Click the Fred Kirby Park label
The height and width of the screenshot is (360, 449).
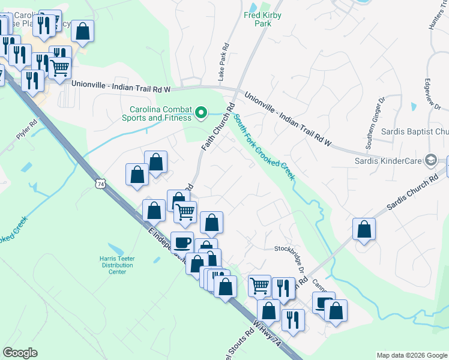263,19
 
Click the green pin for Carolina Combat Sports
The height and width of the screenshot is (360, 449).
202,112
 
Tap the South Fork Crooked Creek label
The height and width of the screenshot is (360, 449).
264,147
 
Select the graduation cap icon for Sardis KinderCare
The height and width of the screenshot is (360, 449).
430,160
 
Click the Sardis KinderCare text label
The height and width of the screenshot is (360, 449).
388,160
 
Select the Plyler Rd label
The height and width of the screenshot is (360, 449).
27,130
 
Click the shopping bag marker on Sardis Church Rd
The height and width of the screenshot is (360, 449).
364,229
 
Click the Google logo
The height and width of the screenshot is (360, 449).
20,353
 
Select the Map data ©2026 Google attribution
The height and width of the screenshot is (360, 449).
412,355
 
